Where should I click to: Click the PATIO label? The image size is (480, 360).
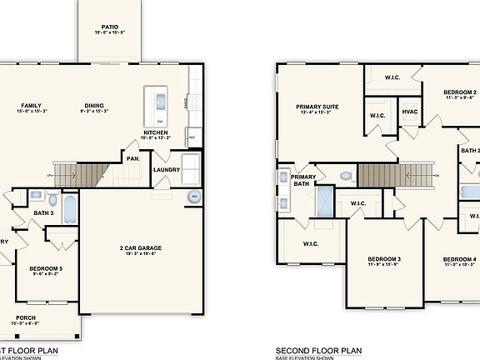109,27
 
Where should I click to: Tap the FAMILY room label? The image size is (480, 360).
32,106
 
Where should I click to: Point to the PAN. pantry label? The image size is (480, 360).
132,157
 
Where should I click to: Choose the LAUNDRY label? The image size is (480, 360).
167,171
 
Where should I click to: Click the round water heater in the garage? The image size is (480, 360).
195,197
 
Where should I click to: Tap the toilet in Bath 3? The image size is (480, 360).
52,200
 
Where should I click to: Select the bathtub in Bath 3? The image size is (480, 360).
69,208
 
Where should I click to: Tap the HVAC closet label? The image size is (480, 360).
409,112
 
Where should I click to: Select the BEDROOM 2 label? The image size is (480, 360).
459,92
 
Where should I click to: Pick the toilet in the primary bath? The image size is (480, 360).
346,176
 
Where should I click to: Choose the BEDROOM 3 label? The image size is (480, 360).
384,259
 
